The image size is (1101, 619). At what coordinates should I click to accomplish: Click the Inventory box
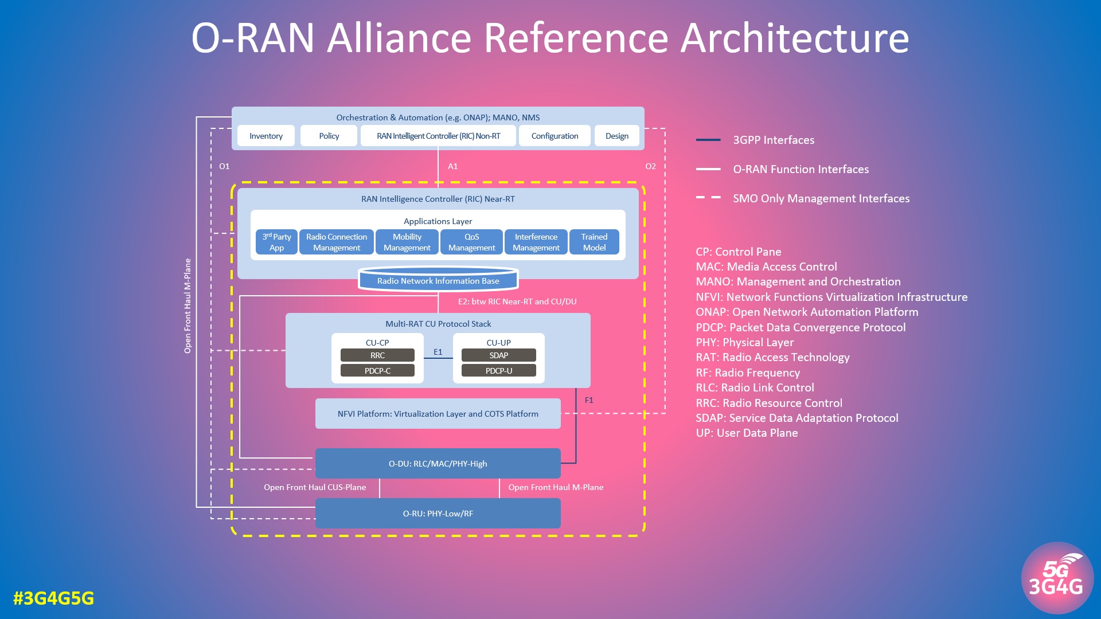(266, 136)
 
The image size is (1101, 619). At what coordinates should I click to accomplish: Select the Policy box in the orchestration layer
(329, 136)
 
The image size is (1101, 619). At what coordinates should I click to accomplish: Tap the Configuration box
(555, 136)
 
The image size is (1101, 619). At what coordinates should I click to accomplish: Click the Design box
(616, 136)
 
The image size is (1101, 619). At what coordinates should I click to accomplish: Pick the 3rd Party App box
(276, 242)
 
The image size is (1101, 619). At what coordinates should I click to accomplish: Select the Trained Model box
(594, 242)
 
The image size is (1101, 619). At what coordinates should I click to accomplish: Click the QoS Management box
(471, 242)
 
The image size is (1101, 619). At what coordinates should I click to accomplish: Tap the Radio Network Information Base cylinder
(438, 280)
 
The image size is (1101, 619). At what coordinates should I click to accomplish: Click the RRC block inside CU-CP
(377, 355)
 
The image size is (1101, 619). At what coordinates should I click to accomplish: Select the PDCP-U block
(498, 371)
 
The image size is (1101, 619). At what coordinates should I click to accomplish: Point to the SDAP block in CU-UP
(498, 355)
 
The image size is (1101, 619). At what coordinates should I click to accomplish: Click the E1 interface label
(438, 352)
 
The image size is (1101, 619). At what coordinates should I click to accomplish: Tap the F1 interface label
(589, 400)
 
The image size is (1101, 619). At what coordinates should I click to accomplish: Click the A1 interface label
(452, 166)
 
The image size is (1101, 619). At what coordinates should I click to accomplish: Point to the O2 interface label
(650, 166)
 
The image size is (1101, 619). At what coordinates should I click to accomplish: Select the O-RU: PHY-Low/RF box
(438, 514)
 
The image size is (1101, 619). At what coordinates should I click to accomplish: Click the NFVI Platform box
(438, 414)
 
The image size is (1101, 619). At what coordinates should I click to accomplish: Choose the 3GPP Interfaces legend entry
(773, 140)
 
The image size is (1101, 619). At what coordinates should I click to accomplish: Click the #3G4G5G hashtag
(53, 598)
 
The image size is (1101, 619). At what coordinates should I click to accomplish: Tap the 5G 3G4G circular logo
(1056, 578)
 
